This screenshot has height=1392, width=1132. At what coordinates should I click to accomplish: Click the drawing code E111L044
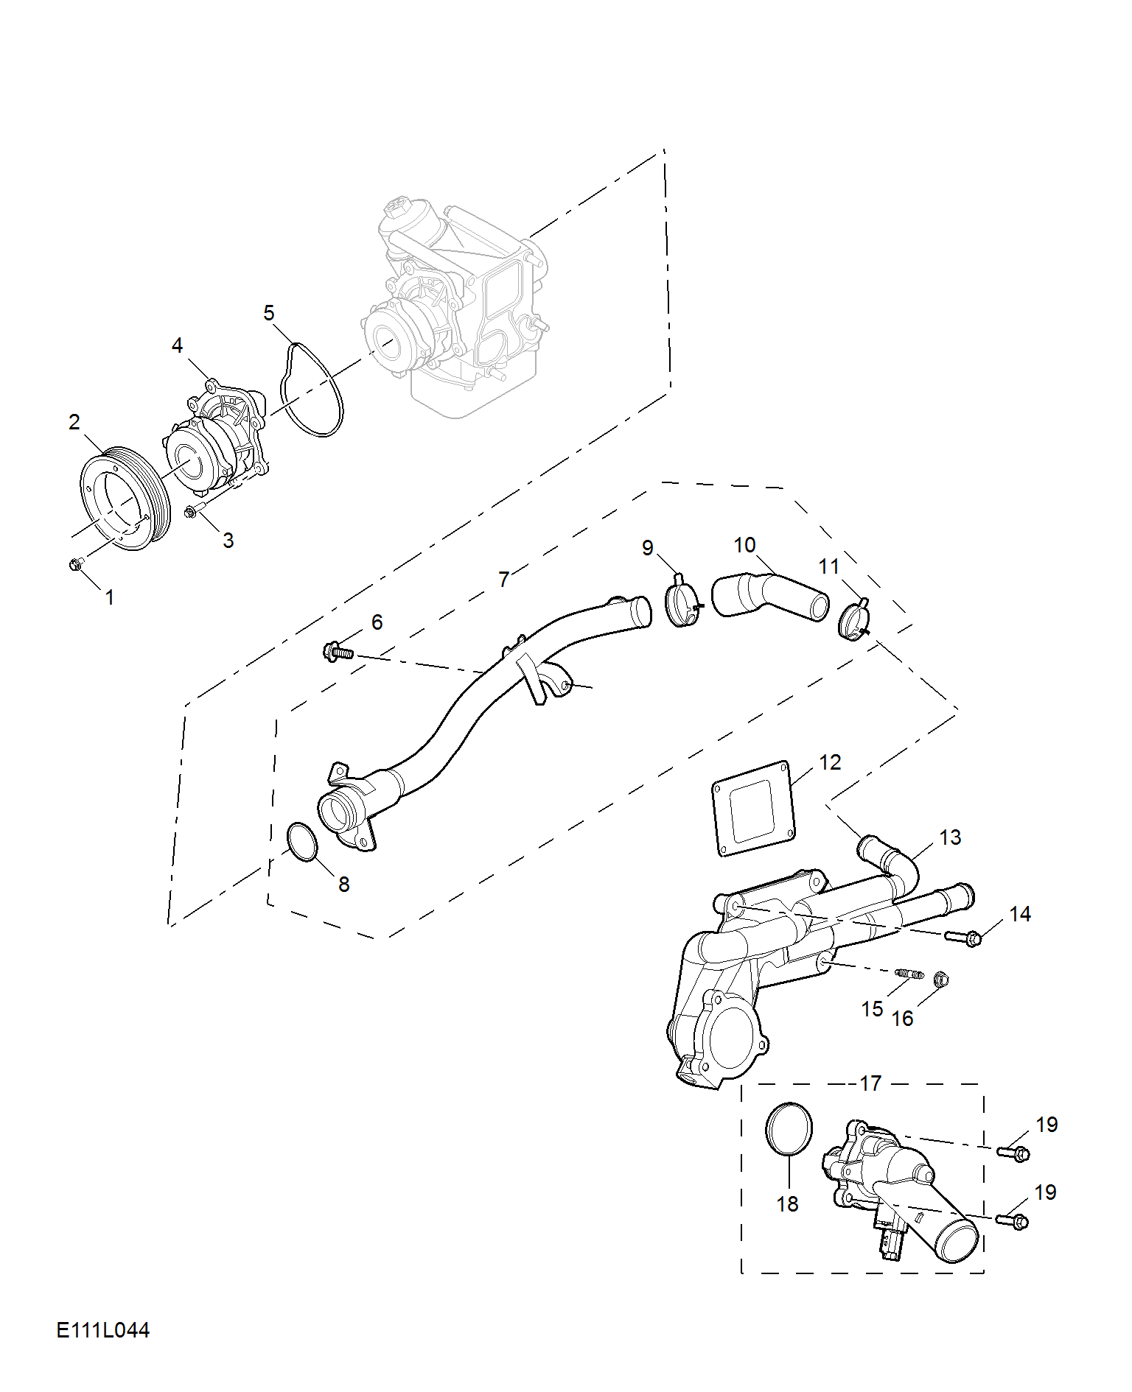point(102,1330)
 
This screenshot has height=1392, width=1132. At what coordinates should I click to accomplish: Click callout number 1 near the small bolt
point(110,597)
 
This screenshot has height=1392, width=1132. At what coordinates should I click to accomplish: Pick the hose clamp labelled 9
point(682,605)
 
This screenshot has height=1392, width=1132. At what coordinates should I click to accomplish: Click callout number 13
point(950,837)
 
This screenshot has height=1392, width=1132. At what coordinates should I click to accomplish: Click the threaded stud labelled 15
point(909,974)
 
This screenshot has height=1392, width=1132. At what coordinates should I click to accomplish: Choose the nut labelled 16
point(940,979)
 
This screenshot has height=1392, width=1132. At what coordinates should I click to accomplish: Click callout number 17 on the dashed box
point(870,1083)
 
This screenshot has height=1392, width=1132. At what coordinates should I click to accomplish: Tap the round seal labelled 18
point(789,1129)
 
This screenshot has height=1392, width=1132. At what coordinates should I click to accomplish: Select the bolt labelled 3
point(193,511)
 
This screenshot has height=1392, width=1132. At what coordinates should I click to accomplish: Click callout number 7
point(503,580)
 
